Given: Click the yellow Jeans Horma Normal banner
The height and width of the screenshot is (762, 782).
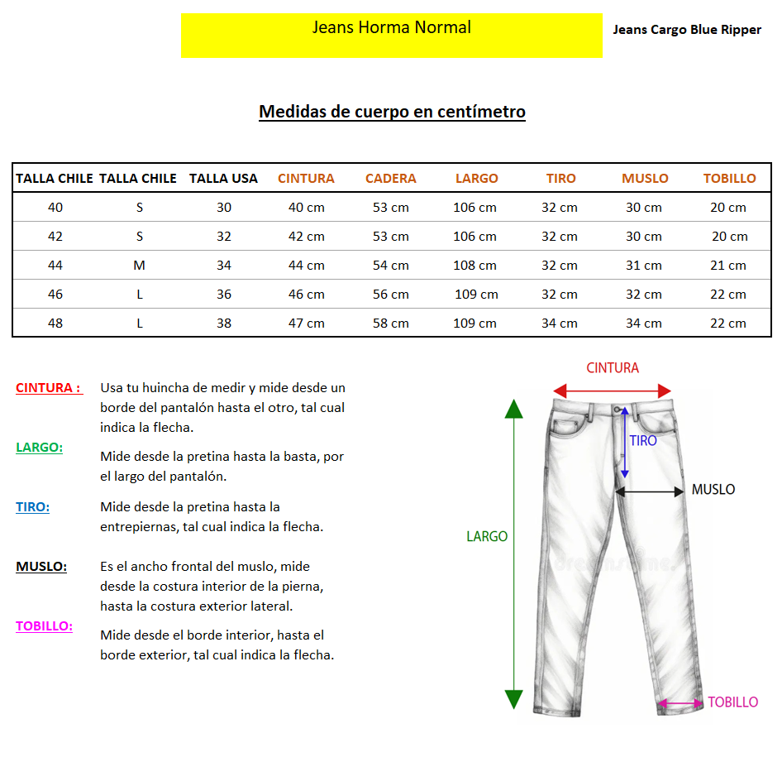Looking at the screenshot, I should (x=391, y=35).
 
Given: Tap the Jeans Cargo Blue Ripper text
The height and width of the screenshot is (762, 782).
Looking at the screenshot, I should (x=687, y=30).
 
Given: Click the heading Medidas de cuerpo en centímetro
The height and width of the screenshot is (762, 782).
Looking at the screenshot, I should (x=392, y=112).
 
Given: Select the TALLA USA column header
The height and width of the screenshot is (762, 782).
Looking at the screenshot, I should (x=223, y=178).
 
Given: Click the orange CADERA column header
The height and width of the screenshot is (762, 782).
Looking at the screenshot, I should (x=390, y=178).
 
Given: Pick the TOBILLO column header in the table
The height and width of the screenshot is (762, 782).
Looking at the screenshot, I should (x=729, y=178).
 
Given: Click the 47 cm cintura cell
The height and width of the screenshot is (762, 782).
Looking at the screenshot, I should (x=306, y=323).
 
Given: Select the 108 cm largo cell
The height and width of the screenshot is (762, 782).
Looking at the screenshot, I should (x=474, y=265).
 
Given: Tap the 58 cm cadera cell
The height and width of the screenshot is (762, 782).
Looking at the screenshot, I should (x=390, y=323).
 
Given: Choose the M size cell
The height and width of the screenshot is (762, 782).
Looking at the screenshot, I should (x=139, y=265).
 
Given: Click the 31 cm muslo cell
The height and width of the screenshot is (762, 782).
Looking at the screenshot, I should (x=643, y=265).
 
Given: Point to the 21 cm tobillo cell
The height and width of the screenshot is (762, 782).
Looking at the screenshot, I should (x=728, y=265).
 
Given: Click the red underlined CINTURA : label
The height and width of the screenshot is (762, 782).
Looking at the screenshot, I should (x=49, y=387).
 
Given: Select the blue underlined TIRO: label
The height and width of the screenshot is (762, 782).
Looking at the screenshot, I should (x=32, y=507).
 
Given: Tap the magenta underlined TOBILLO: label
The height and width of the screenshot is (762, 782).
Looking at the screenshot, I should (x=44, y=626).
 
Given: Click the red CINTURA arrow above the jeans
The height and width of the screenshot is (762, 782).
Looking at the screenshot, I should (x=612, y=391).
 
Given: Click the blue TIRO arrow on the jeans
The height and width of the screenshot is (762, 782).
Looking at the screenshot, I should (x=625, y=443).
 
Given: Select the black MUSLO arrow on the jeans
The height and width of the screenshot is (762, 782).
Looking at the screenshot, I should (x=650, y=491).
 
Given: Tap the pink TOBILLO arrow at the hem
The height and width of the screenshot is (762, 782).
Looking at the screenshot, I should (x=681, y=704).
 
